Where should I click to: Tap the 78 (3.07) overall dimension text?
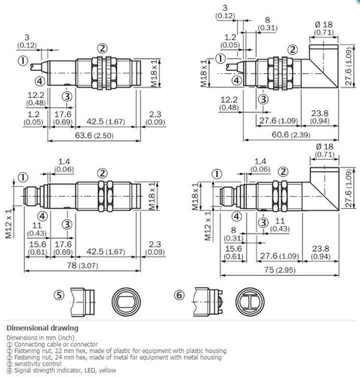tap(85, 268)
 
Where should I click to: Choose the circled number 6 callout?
tap(179, 296)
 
